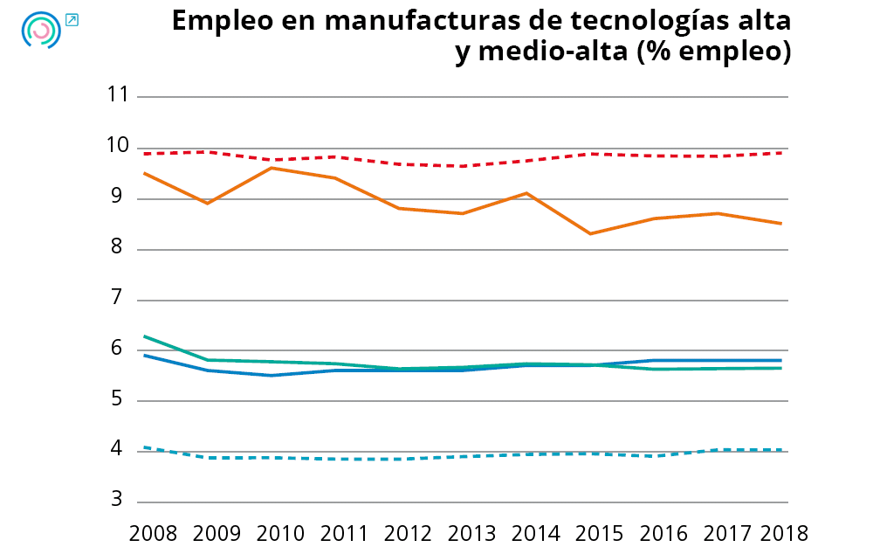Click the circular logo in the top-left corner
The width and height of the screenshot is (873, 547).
[40, 30]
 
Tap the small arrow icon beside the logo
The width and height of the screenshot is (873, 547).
[72, 19]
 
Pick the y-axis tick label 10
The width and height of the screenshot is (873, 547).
[115, 147]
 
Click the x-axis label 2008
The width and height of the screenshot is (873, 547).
[153, 532]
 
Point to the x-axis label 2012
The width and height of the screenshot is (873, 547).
[409, 532]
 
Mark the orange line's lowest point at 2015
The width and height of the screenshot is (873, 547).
[591, 233]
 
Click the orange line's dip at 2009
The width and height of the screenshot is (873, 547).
[207, 203]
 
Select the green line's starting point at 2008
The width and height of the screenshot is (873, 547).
[144, 336]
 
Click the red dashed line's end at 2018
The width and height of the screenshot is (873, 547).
[781, 153]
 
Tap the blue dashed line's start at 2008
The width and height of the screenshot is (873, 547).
[144, 447]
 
